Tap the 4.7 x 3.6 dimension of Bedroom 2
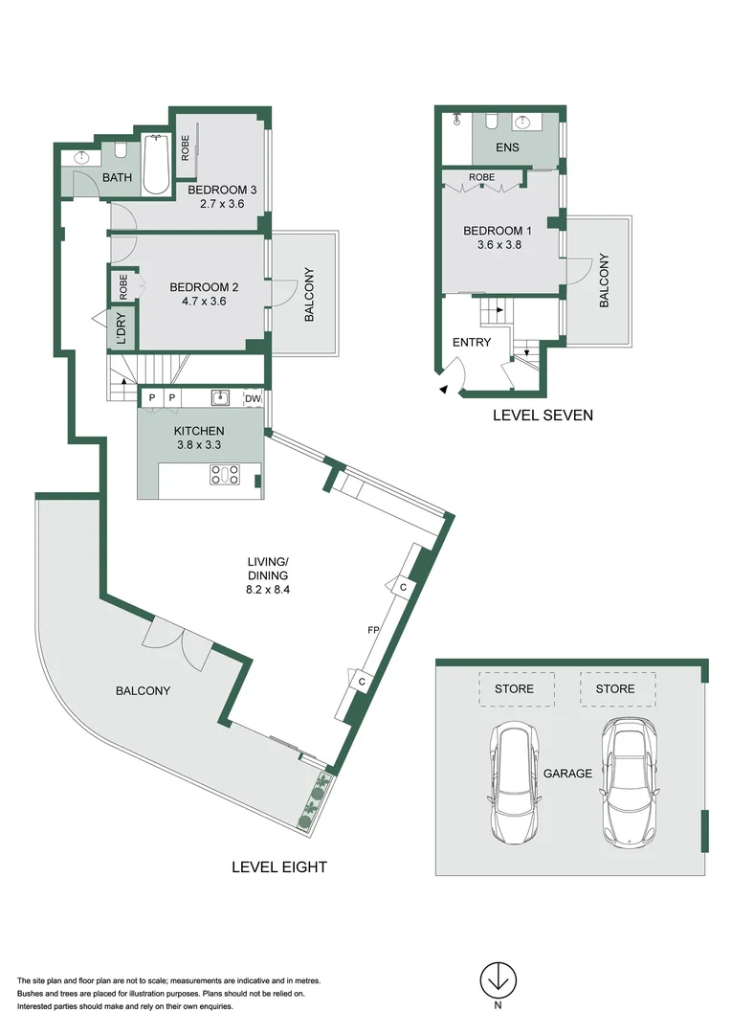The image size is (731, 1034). pyautogui.click(x=203, y=302)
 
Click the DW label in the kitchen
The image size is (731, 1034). pyautogui.click(x=253, y=398)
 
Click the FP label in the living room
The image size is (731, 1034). pyautogui.click(x=374, y=631)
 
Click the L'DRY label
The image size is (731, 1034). pyautogui.click(x=122, y=329)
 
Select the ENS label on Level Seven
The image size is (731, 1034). pyautogui.click(x=507, y=148)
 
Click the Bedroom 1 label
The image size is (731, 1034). pyautogui.click(x=498, y=231)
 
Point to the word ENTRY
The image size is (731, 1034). pyautogui.click(x=471, y=342)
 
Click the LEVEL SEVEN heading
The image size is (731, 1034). pyautogui.click(x=543, y=416)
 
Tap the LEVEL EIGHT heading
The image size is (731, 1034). pyautogui.click(x=279, y=867)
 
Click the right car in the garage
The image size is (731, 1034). pyautogui.click(x=631, y=780)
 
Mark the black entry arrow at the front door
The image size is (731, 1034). pyautogui.click(x=442, y=389)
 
